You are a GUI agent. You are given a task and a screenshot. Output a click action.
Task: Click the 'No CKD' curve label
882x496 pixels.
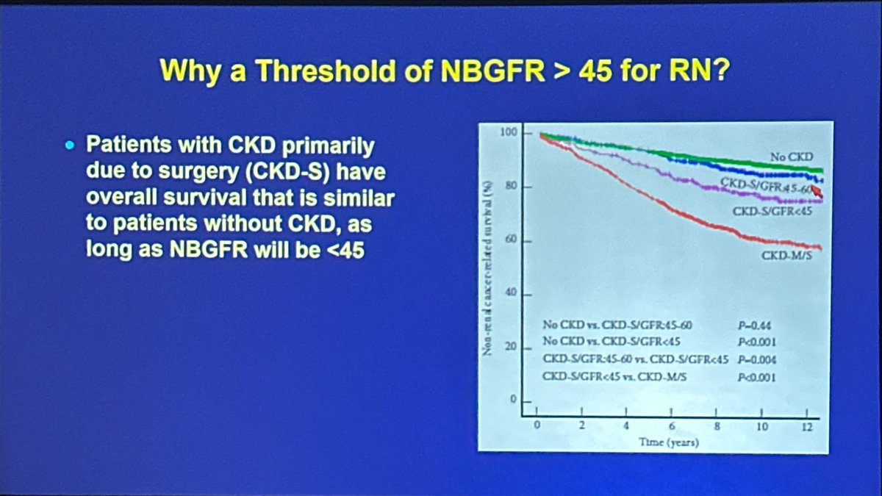pyautogui.click(x=792, y=157)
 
